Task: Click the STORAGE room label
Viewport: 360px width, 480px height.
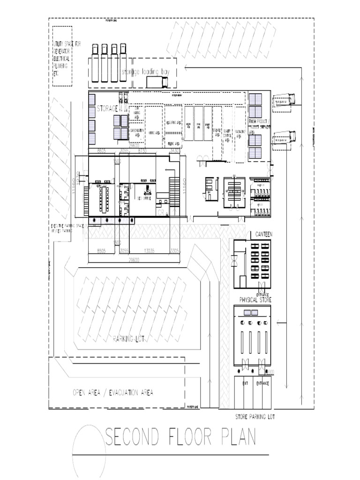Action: coord(107,109)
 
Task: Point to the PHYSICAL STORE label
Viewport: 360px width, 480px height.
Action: coord(255,299)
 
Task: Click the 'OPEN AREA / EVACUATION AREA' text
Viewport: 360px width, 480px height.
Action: coord(112,392)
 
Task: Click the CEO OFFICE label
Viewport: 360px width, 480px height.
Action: coord(145,199)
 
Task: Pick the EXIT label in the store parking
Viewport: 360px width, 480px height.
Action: coord(245,383)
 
